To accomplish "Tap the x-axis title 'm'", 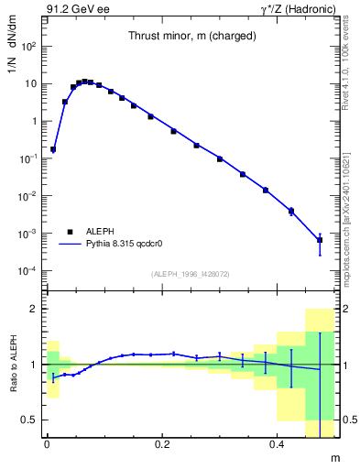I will pos(333,456).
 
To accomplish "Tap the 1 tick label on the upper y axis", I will pos(33,121).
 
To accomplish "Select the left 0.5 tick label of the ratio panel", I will pos(31,420).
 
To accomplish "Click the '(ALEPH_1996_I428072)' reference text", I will pos(190,273).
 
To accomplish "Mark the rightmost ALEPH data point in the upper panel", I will pos(320,240).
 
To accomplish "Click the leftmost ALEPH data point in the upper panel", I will pos(53,149).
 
